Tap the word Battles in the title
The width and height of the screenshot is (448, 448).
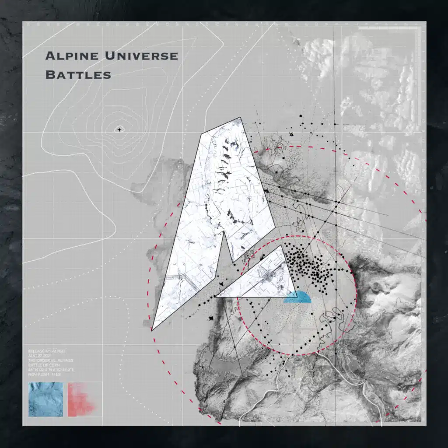point(78,74)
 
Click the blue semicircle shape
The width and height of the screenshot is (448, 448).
point(297,297)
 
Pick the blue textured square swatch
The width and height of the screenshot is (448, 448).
point(45,399)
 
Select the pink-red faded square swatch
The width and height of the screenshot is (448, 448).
point(81,399)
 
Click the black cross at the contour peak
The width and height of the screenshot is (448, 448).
point(119,129)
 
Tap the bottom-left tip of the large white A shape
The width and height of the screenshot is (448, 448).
point(152,329)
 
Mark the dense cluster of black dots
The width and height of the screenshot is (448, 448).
point(315,265)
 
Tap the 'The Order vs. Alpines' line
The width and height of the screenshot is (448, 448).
point(49,360)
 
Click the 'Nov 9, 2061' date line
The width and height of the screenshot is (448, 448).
point(46,375)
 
